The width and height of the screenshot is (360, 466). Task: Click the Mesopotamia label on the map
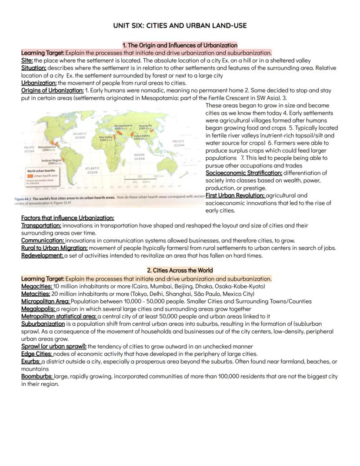[123, 127]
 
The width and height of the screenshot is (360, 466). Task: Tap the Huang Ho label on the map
[145, 127]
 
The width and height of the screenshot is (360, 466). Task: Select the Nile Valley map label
[107, 138]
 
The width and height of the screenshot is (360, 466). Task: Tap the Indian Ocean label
[139, 157]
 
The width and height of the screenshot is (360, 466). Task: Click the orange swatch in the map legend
[30, 175]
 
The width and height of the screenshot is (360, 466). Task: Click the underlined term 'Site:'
[27, 60]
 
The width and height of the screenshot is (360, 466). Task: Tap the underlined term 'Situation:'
[34, 68]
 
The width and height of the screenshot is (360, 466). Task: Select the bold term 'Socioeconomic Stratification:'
[244, 173]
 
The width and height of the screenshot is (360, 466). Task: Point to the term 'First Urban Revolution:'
[235, 195]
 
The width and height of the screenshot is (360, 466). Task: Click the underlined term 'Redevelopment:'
[42, 255]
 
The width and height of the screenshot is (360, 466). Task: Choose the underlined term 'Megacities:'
[37, 286]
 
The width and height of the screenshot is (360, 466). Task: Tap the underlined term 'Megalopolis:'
[38, 308]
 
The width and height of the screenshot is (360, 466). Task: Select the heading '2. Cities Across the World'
[180, 270]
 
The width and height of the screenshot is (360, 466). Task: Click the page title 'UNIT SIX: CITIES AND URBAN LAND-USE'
[180, 26]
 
